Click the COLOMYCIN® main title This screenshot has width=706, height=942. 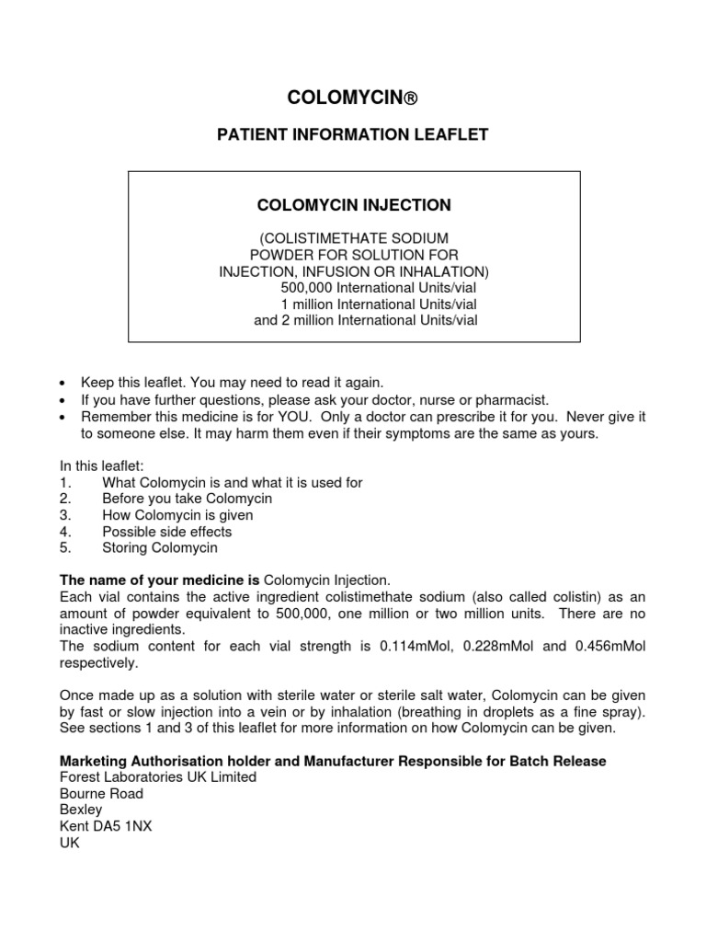click(x=353, y=97)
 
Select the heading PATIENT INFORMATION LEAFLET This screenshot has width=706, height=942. click(x=353, y=135)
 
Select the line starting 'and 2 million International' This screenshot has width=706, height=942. click(x=365, y=320)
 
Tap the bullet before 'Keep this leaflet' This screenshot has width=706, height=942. click(x=63, y=383)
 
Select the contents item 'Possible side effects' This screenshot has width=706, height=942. click(x=166, y=532)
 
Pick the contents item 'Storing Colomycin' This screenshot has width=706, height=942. click(x=159, y=548)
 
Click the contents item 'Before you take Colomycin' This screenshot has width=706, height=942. click(x=187, y=499)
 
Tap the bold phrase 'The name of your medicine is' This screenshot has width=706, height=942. click(x=160, y=580)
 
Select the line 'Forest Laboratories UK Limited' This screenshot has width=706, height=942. click(x=158, y=777)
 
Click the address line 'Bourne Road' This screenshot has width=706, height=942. click(x=101, y=793)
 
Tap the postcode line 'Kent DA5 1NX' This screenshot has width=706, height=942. click(x=106, y=826)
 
